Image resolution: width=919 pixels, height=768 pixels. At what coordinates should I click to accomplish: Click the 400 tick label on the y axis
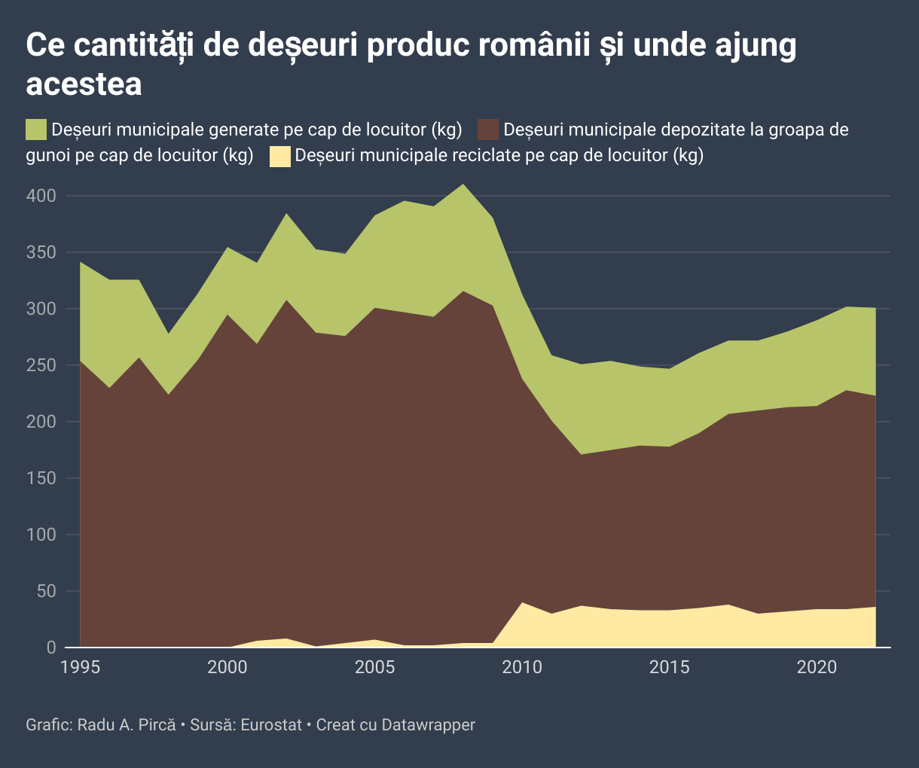41,196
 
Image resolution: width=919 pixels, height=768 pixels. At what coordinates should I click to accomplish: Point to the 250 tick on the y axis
41,365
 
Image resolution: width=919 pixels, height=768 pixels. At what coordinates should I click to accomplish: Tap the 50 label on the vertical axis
47,591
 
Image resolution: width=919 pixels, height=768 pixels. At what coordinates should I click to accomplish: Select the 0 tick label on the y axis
51,648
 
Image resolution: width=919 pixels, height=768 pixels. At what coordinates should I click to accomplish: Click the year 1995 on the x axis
79,666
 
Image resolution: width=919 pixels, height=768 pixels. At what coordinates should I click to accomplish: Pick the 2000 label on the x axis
227,666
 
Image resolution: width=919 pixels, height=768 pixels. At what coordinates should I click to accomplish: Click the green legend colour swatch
36,130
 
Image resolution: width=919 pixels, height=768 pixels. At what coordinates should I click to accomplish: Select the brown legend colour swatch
488,130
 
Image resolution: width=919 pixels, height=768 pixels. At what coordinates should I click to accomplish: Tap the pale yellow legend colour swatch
280,156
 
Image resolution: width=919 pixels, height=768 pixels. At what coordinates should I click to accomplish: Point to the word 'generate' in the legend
244,130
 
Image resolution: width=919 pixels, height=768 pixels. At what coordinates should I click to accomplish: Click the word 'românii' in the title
518,45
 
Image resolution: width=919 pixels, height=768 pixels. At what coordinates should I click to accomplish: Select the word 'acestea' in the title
84,84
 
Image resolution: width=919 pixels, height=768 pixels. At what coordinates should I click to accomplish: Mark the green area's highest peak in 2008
463,184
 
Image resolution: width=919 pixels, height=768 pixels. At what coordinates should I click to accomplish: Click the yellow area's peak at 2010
522,603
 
